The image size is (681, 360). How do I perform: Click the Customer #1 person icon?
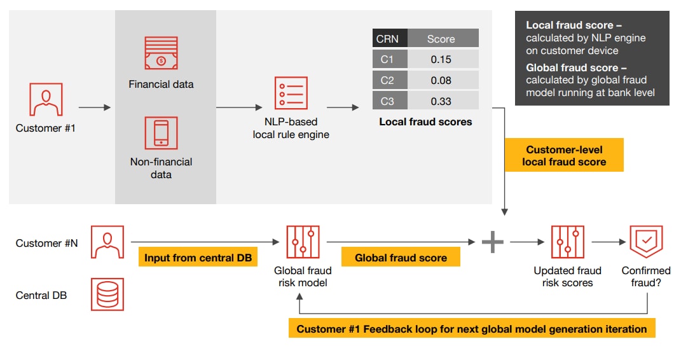coord(46,99)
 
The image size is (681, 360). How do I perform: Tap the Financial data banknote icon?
coord(161,53)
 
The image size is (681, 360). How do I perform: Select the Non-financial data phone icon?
coord(161,133)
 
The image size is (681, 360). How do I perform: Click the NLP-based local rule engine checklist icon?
coord(291,93)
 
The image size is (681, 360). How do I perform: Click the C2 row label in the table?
coord(387,80)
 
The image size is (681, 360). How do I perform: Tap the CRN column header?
coord(387,39)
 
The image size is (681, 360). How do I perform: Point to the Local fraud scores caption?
coord(425,121)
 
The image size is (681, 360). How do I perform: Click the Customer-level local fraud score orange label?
coord(564,156)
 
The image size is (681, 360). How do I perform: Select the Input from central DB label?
coord(198,258)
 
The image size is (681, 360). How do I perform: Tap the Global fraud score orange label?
coord(401,258)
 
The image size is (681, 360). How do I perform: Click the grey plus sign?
coord(492,242)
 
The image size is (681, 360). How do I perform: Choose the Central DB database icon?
coord(107,294)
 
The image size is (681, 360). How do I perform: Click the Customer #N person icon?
coord(107,242)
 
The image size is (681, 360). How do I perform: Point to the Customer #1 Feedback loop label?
coord(472,329)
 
